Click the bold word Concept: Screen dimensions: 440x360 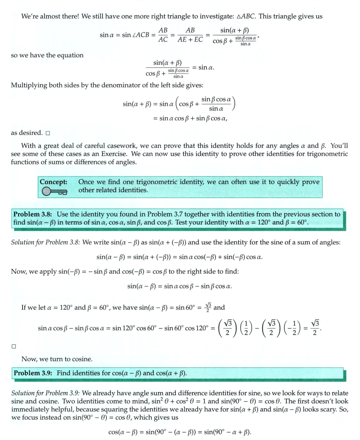(54, 182)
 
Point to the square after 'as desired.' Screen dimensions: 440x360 (48, 133)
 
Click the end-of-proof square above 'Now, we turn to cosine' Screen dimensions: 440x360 (13, 346)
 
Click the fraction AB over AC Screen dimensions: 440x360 (163, 35)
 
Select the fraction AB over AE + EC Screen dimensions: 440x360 (190, 35)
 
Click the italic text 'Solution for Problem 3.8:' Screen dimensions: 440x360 (46, 242)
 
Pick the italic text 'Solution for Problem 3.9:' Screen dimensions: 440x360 (46, 393)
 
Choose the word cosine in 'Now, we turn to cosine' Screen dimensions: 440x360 (81, 359)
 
